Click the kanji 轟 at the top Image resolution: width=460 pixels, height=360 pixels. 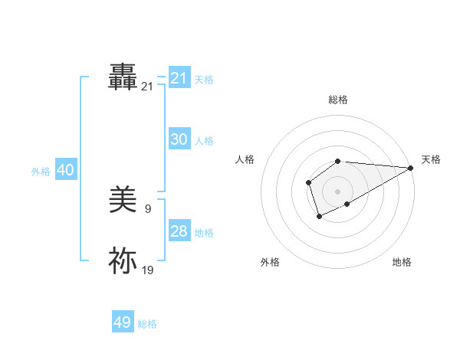click(123, 77)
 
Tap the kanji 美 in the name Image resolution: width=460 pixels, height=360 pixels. click(123, 201)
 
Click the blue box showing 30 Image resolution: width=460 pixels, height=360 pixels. click(179, 139)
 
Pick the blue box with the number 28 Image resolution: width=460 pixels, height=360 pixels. click(179, 231)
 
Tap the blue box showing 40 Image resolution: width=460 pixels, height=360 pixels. click(66, 170)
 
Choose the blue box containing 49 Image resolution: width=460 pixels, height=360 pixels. click(123, 322)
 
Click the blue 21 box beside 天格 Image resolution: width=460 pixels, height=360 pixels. click(179, 78)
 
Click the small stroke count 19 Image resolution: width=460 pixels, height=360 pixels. click(147, 270)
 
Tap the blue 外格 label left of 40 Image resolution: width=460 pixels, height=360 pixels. click(41, 172)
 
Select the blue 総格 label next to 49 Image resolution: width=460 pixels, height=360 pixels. click(147, 324)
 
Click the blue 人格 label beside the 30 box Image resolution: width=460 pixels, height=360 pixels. click(204, 141)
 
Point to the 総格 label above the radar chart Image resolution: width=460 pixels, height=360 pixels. click(337, 100)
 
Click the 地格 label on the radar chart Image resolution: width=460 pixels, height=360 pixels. click(402, 262)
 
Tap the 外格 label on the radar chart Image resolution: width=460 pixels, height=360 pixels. click(270, 262)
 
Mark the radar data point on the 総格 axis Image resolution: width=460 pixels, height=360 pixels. click(337, 161)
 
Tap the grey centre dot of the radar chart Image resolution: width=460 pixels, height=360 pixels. click(337, 191)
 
